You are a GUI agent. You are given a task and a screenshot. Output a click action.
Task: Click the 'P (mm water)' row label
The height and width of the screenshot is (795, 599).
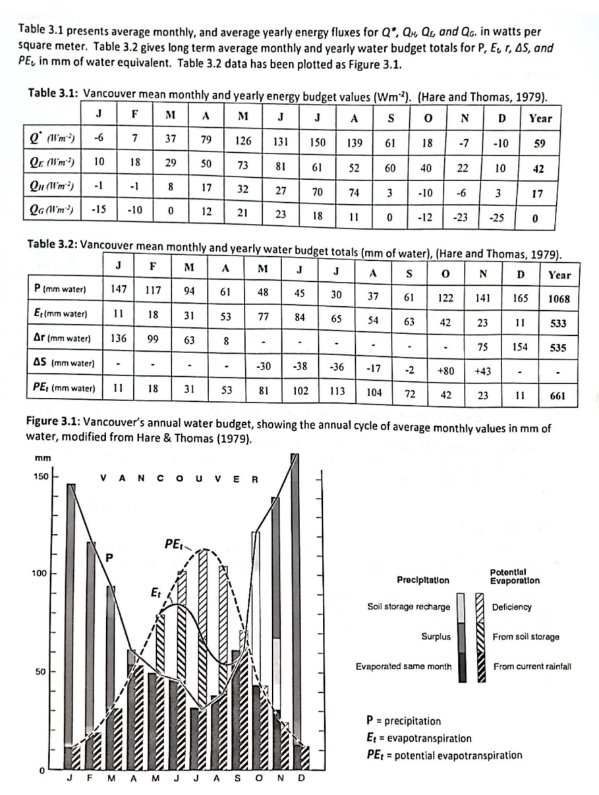tap(63, 288)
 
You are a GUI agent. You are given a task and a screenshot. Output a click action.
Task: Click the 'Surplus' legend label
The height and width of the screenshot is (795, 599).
tap(436, 637)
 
